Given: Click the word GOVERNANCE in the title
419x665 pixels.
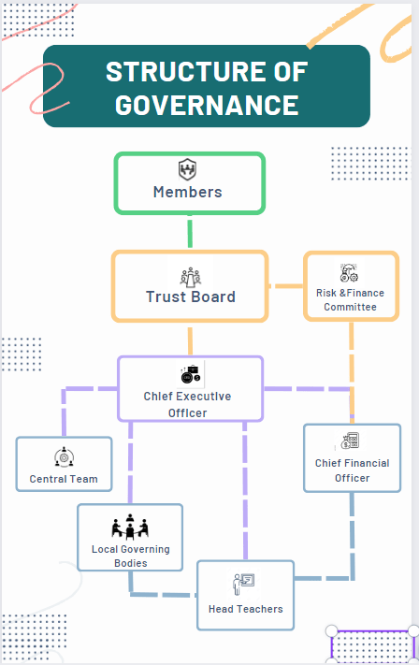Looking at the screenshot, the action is (207, 105).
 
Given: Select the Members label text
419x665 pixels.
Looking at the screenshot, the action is (187, 192).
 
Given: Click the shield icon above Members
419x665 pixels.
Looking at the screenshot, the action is (187, 169).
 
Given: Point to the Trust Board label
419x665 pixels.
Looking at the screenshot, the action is (191, 296).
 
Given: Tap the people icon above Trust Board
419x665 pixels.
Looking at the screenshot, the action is (191, 277).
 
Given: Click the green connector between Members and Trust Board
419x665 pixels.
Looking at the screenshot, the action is (190, 232).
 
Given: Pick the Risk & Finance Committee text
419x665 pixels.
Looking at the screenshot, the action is (351, 300).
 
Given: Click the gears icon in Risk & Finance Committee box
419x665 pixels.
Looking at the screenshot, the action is (349, 273).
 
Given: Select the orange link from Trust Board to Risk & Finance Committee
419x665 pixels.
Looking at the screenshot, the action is (286, 286).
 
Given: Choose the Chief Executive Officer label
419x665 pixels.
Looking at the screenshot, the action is (187, 405).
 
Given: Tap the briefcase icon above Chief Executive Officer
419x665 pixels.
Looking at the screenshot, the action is (191, 374).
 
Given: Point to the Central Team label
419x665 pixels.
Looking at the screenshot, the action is (64, 479).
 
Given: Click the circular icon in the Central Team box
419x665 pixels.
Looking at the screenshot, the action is (64, 456).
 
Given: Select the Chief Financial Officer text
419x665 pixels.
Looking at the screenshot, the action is (352, 470).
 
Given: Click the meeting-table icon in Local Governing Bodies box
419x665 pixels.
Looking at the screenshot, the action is (130, 527).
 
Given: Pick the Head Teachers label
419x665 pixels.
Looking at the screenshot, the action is (246, 609).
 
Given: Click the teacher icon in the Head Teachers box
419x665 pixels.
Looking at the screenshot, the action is (243, 585).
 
